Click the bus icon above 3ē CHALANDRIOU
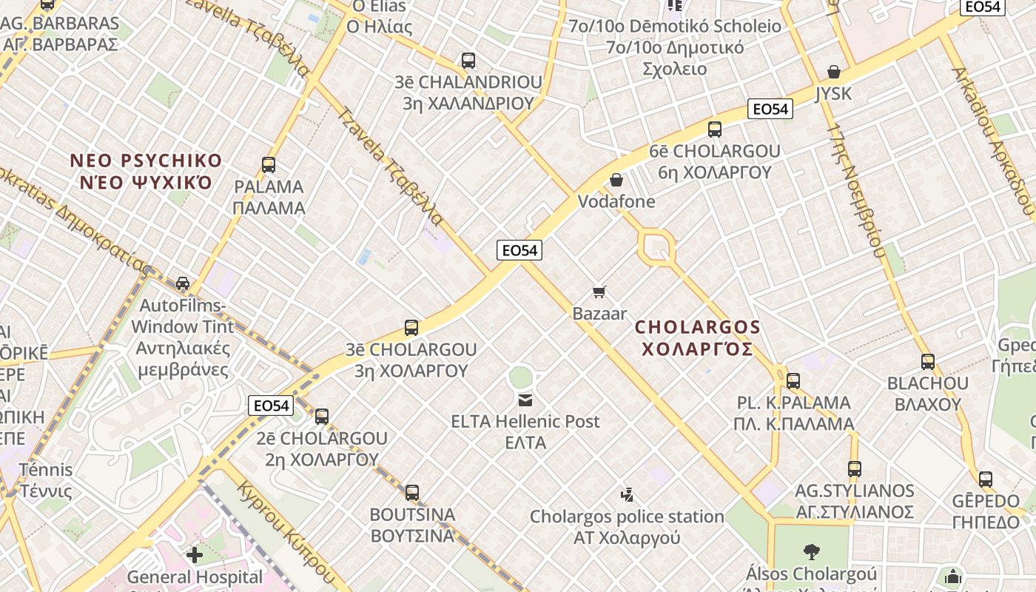(x=468, y=61)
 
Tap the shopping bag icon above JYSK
(x=834, y=72)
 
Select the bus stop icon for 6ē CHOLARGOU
(x=715, y=129)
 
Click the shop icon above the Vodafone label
(x=616, y=180)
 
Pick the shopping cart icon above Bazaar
(x=599, y=292)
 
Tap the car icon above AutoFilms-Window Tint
(x=183, y=283)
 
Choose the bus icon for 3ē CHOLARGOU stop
(x=411, y=327)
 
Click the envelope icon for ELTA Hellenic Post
(x=525, y=400)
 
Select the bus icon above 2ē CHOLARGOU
(x=322, y=416)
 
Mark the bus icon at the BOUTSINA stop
(x=412, y=492)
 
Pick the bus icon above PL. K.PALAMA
(x=793, y=381)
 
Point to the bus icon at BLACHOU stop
(x=928, y=362)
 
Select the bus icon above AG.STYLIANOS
(x=855, y=469)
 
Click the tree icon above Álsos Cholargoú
(x=811, y=551)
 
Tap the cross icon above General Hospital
(x=195, y=554)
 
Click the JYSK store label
(x=834, y=94)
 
